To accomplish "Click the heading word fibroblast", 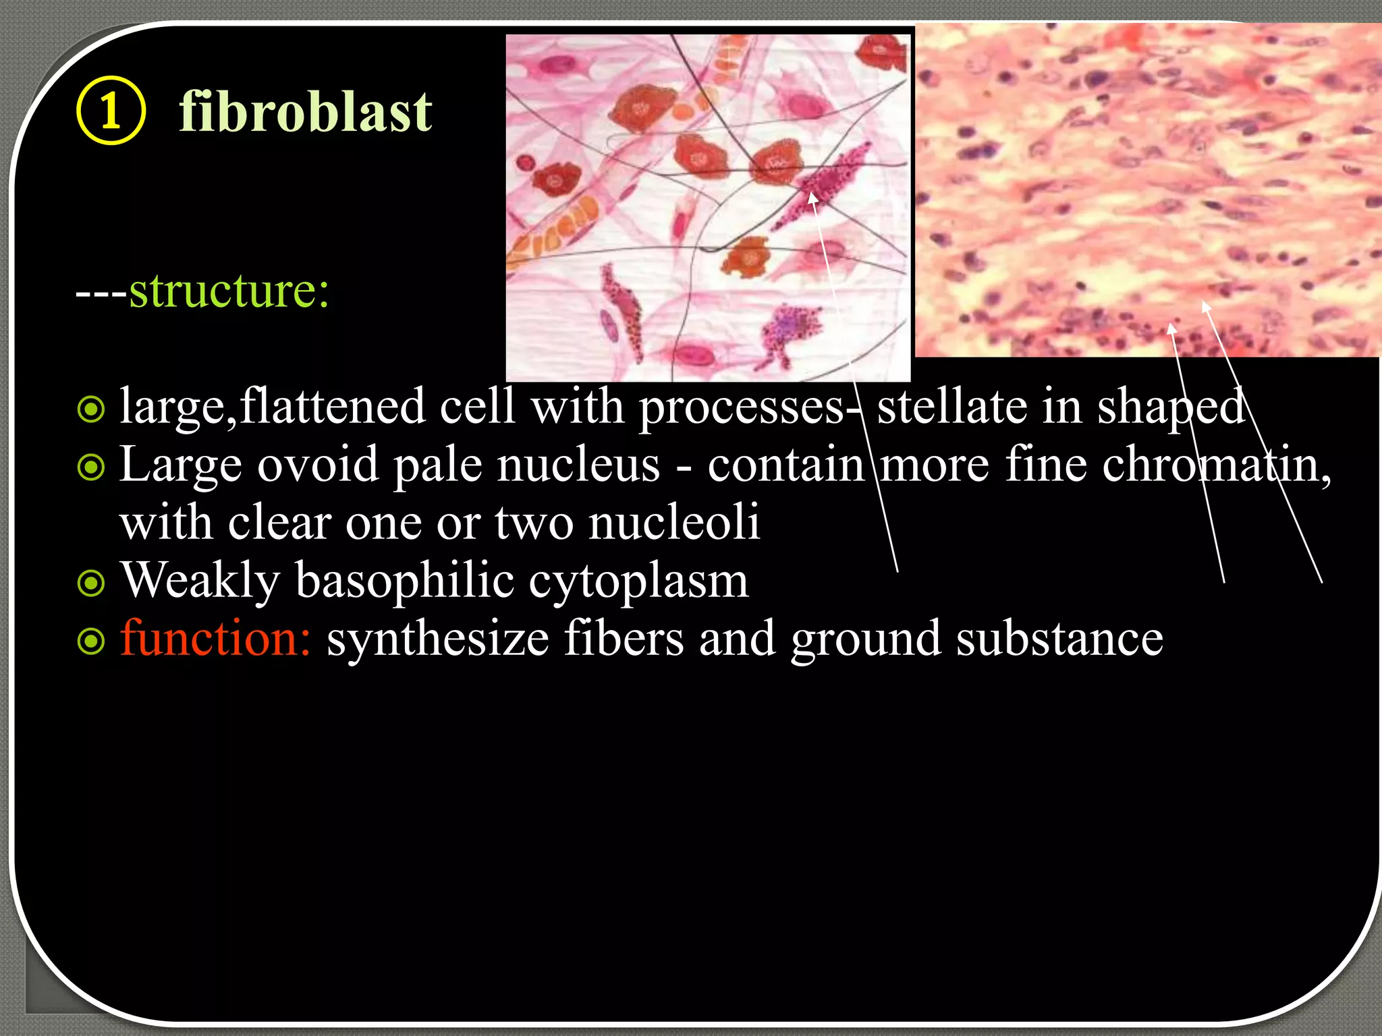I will [x=305, y=113].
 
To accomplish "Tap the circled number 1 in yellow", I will [x=111, y=111].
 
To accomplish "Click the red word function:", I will [x=215, y=639].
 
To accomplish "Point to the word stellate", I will [x=951, y=407].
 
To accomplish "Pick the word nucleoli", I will [x=674, y=523].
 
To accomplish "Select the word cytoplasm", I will [x=638, y=582].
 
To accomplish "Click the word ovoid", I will [x=318, y=465].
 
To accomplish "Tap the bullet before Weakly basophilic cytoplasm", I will [x=91, y=583].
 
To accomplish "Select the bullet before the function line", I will [x=91, y=641].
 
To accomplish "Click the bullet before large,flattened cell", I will [x=91, y=409].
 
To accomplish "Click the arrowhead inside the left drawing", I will [x=812, y=198].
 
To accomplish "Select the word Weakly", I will [x=200, y=582].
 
